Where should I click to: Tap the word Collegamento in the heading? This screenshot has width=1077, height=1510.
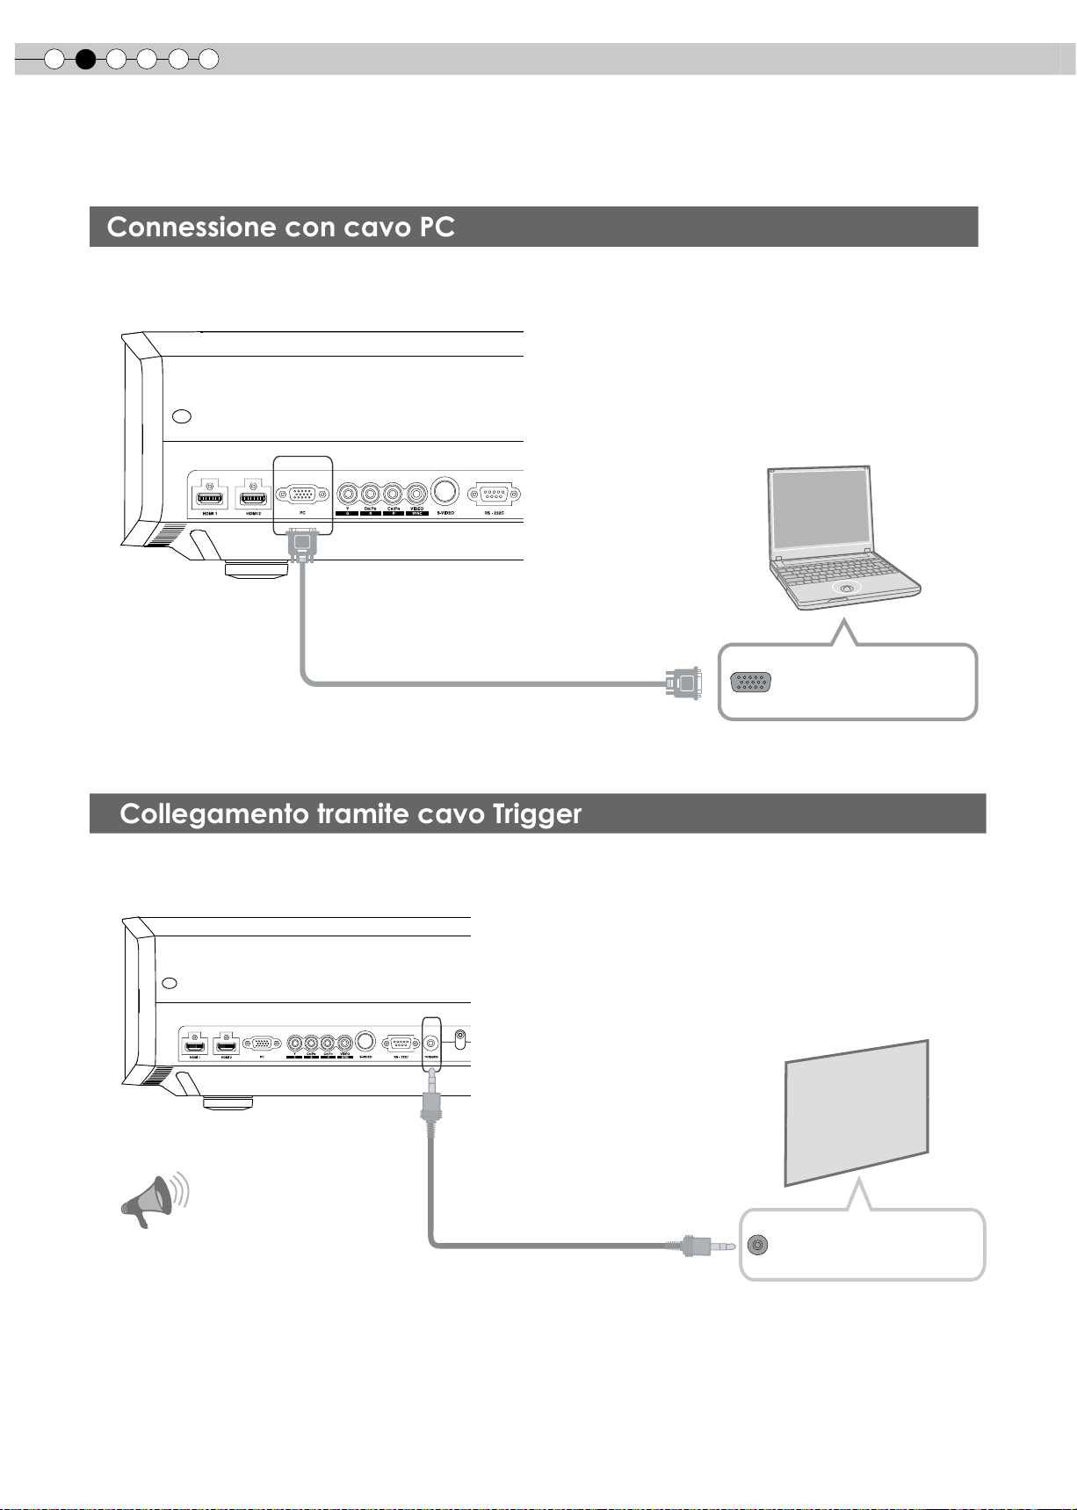point(213,814)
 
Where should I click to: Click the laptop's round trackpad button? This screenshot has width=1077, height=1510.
point(845,589)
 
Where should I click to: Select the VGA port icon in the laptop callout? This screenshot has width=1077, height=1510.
point(751,683)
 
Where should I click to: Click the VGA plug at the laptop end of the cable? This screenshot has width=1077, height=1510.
point(684,683)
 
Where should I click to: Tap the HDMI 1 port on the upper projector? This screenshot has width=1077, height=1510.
point(208,497)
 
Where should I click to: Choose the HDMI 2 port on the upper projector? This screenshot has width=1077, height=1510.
point(253,497)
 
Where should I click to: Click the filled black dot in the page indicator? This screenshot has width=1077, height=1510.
point(85,60)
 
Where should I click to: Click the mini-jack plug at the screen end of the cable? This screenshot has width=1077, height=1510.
point(708,1245)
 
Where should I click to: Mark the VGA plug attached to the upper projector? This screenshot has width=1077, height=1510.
point(302,545)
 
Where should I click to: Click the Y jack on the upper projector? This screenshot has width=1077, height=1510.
point(348,492)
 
